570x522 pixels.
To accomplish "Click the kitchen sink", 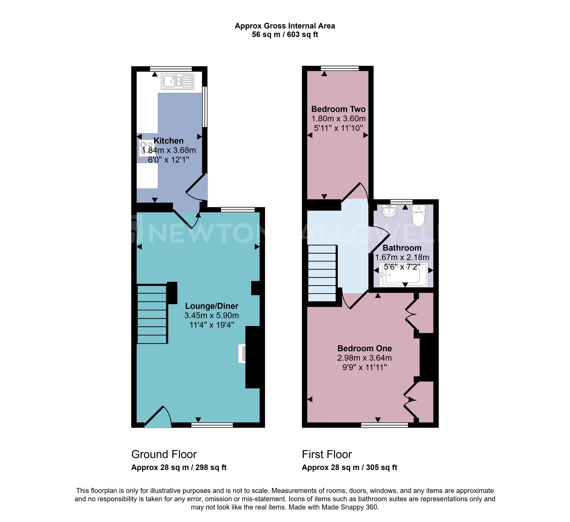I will point(178,81).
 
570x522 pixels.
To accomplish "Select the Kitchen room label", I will point(168,141).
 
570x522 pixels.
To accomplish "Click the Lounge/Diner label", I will point(212,306).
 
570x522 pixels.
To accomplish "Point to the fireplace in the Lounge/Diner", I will point(242,353).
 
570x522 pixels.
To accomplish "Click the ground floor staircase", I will point(152,314).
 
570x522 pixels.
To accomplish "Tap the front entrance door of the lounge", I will point(158,418).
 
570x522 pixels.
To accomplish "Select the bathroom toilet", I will point(419,216).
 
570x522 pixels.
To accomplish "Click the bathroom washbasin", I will point(389,211).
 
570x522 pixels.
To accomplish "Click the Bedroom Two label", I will point(338,109).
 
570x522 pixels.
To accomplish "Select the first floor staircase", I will point(322,273).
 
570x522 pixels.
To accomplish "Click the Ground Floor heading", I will point(164,454).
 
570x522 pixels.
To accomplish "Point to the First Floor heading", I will point(327,454).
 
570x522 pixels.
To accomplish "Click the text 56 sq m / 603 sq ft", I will point(285,34).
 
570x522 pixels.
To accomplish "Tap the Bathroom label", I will point(402,248).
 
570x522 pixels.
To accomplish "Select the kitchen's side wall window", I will point(205,107).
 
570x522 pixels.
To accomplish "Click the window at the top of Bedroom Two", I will point(340,68).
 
